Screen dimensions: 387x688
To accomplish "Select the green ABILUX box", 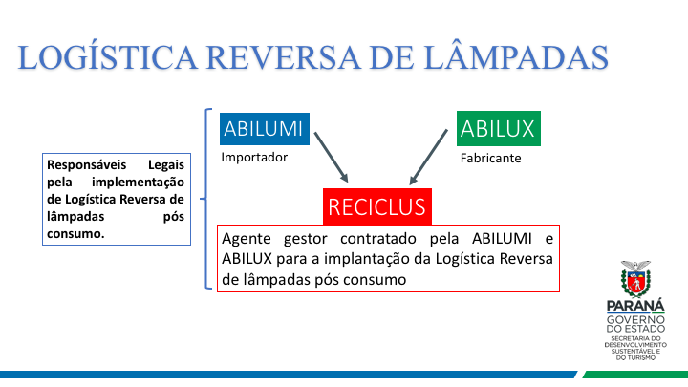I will click(497, 128).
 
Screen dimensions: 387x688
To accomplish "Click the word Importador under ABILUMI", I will click(253, 157).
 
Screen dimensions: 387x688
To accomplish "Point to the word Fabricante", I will click(490, 158).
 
